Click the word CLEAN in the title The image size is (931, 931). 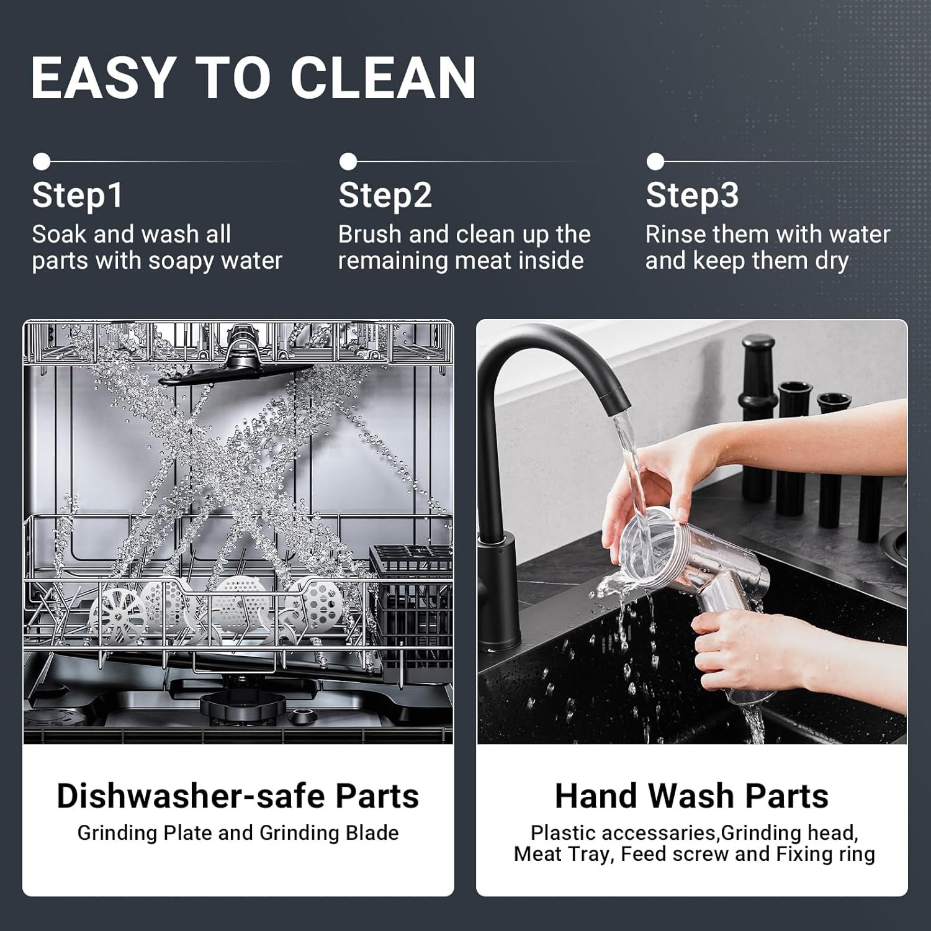383,78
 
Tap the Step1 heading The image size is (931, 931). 78,196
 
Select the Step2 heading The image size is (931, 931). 385,196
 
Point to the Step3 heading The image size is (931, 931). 692,196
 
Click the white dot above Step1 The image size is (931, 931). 42,161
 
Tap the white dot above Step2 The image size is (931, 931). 348,161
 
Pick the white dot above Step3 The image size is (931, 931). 655,161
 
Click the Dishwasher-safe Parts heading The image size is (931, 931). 238,796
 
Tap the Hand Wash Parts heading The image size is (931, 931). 691,796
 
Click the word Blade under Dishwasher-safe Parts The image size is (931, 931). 372,833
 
